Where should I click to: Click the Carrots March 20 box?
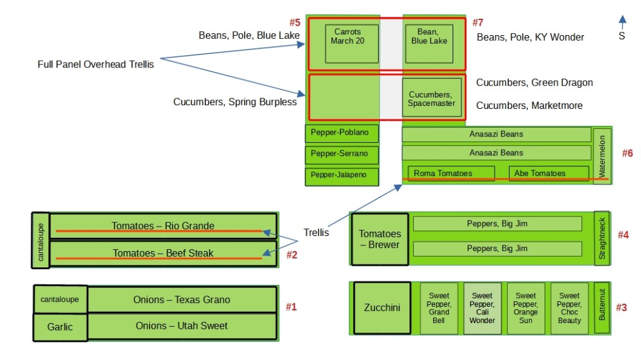[351, 43]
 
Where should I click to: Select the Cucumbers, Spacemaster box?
[431, 98]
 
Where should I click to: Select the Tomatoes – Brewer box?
[379, 239]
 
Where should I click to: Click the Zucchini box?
[382, 308]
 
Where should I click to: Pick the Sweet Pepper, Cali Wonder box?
[482, 308]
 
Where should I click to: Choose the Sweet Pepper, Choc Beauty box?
[569, 308]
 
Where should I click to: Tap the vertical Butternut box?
[602, 308]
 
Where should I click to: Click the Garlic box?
[60, 327]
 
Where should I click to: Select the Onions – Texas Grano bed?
[182, 300]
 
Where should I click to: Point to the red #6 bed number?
[628, 153]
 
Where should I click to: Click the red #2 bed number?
[292, 255]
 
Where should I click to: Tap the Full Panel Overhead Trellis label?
[95, 64]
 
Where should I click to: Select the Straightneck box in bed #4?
[602, 239]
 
